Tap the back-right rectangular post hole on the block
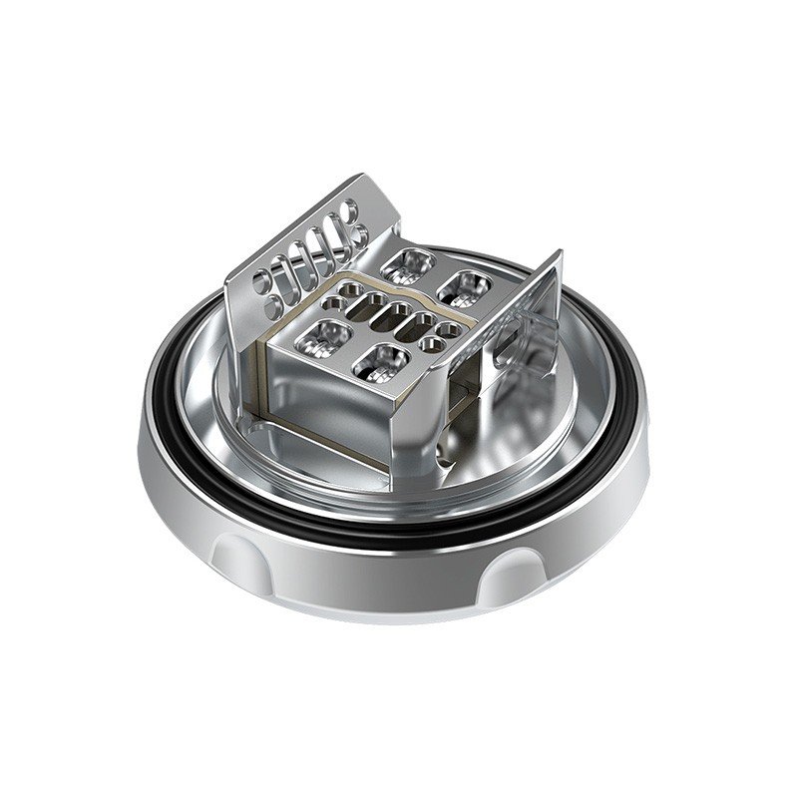click(464, 287)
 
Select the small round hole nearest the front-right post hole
click(432, 344)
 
